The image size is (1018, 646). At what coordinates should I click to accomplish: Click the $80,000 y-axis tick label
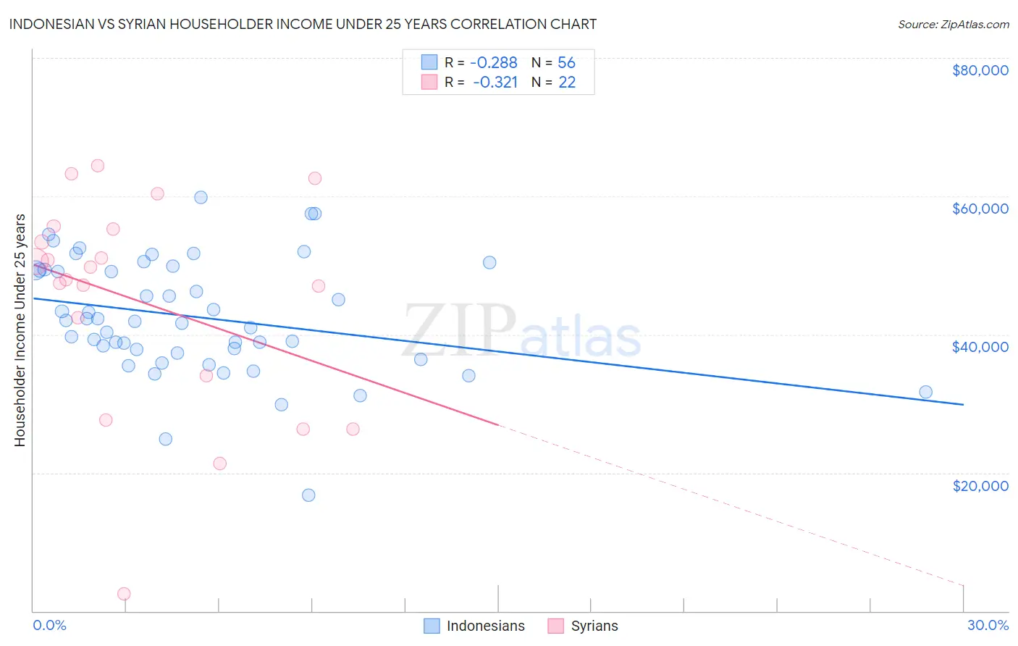coord(980,70)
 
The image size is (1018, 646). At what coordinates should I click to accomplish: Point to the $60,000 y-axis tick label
coord(980,209)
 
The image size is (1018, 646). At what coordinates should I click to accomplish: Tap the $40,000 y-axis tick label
coord(980,347)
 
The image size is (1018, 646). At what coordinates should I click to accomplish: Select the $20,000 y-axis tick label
coord(980,485)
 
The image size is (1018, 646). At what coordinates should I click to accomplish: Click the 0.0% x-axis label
coord(49,625)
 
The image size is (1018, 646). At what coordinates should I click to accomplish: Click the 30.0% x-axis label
coord(988,625)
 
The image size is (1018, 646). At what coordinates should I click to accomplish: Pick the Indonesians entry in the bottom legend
coord(474,626)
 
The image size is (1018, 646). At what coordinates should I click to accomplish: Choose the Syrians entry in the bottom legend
coord(583,626)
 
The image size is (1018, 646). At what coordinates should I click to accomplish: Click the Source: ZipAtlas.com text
coord(953,25)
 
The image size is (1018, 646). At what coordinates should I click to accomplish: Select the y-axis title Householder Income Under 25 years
coord(20,330)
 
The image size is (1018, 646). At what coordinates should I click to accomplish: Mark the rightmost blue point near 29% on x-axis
coord(925,393)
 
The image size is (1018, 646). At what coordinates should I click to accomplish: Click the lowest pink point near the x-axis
coord(124,594)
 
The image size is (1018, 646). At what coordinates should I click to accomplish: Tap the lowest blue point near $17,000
coord(308,495)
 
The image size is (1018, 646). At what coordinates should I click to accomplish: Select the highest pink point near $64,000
coord(98,166)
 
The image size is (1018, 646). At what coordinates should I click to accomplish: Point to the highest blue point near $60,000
coord(201,198)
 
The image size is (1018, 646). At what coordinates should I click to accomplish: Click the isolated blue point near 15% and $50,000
coord(489,263)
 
